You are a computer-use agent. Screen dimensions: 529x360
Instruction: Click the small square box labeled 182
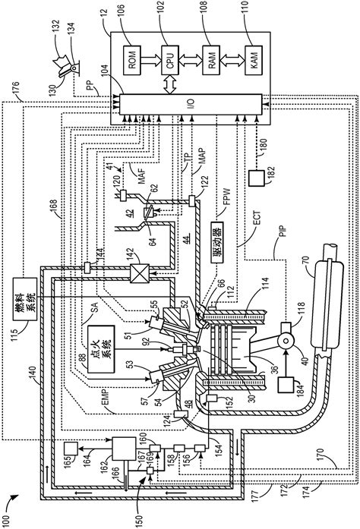pyautogui.click(x=255, y=179)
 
